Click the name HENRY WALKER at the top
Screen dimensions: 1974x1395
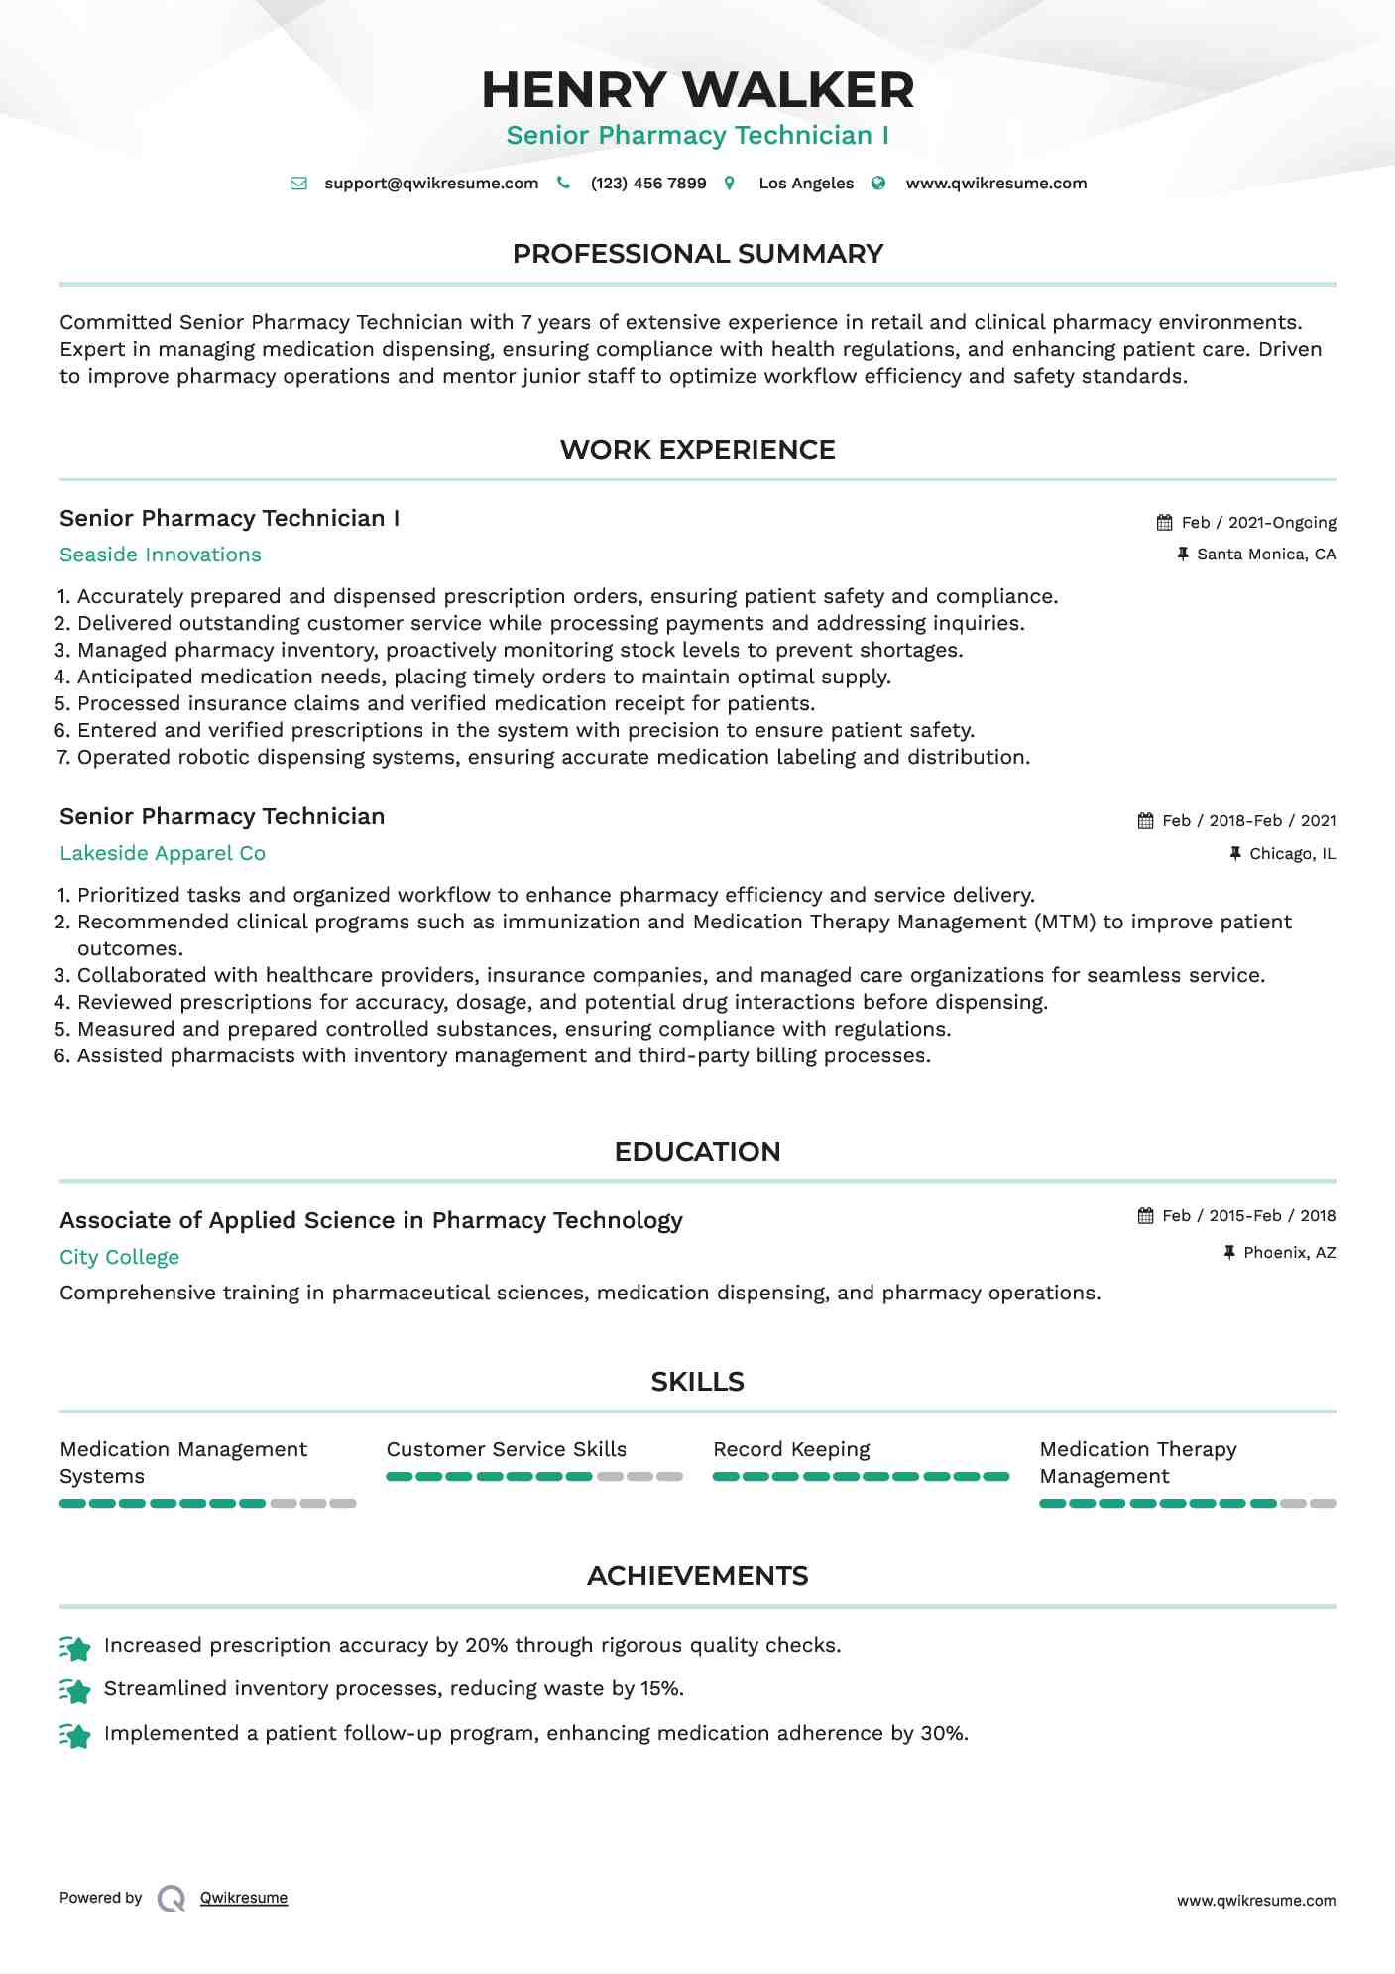click(697, 90)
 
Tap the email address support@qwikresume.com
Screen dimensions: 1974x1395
click(431, 184)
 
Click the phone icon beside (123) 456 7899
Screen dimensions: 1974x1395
click(563, 183)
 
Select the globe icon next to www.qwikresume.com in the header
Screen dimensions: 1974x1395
click(878, 183)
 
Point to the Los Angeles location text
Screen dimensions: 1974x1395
click(805, 184)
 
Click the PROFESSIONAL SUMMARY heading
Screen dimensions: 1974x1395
click(697, 254)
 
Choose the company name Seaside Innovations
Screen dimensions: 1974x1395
click(161, 555)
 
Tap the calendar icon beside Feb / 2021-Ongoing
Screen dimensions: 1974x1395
click(1164, 523)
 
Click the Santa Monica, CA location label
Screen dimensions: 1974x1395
click(1265, 555)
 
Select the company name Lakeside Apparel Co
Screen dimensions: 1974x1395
click(163, 854)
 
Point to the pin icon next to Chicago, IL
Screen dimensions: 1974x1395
click(1235, 853)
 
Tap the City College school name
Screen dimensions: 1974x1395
click(119, 1258)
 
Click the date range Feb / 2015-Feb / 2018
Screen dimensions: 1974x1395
click(1248, 1216)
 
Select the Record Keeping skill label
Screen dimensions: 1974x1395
click(791, 1450)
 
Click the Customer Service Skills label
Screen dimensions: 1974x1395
click(506, 1450)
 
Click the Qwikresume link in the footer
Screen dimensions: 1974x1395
click(244, 1898)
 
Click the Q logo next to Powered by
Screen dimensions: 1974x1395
click(172, 1899)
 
